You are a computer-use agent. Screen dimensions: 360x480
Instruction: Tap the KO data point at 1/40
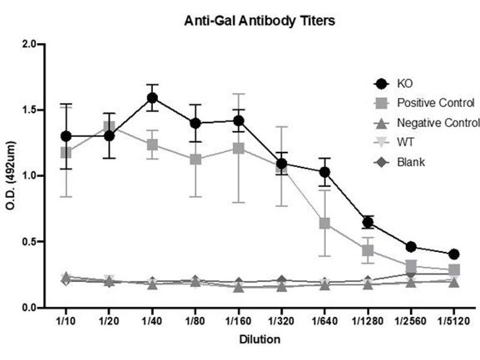click(152, 98)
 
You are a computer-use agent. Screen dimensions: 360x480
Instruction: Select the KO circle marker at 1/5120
click(454, 254)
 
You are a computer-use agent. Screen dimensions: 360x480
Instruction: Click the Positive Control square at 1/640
click(325, 224)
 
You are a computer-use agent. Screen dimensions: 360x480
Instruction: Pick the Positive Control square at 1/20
click(109, 127)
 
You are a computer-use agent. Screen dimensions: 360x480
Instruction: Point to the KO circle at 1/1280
click(368, 223)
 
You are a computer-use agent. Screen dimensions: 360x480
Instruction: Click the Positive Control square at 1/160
click(238, 148)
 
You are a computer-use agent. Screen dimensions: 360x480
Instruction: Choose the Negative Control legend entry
click(438, 122)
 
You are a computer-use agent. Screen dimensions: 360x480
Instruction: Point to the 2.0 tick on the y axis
click(28, 44)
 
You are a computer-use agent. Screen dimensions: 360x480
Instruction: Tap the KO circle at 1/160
click(238, 120)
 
